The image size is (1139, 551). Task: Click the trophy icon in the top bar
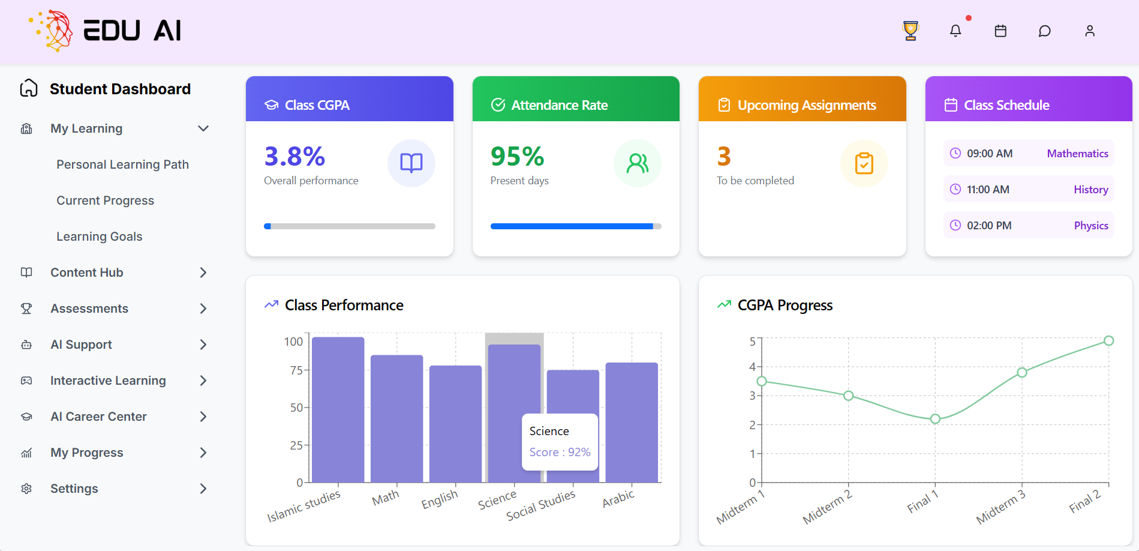coord(910,31)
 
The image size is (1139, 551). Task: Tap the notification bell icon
coord(955,31)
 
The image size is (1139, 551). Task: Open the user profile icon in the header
coord(1090,31)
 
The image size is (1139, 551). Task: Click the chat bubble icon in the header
coord(1045,31)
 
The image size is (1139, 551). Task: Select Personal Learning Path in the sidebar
coord(122,164)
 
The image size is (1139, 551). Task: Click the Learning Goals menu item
coord(100,236)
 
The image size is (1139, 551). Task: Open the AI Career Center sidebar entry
coord(98,417)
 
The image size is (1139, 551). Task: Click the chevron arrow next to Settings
coord(203,489)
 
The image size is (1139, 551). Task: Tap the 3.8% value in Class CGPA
coord(294,157)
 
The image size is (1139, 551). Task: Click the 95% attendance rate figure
coord(517,157)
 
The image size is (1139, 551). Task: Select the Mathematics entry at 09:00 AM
coord(1077,154)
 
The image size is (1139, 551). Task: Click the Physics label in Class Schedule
coord(1090,226)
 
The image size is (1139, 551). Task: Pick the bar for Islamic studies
coord(338,410)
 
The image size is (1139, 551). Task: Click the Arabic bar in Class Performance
coord(632,423)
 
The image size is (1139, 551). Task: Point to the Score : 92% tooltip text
coord(560,452)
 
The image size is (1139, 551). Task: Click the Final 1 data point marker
coord(935,419)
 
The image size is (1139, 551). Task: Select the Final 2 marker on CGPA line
coord(1108,341)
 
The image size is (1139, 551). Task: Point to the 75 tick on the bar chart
coord(296,370)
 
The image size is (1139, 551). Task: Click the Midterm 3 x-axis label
coord(1000,508)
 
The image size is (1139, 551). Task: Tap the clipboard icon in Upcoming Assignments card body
coord(864,163)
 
